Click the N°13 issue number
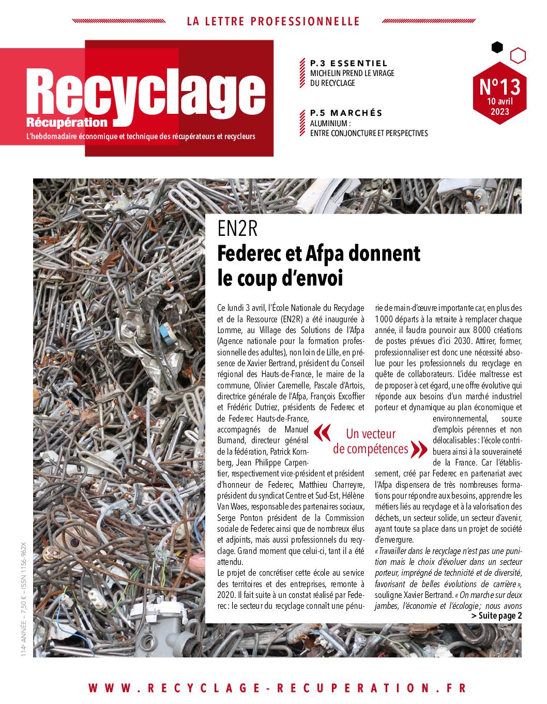[499, 86]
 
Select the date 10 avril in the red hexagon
[499, 101]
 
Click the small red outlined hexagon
[518, 55]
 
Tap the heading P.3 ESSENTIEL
[348, 63]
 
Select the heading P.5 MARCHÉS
[346, 113]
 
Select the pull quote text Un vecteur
[370, 433]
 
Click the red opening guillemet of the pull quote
[322, 433]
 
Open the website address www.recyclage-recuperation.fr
[277, 687]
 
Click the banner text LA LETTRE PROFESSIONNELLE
[273, 21]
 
